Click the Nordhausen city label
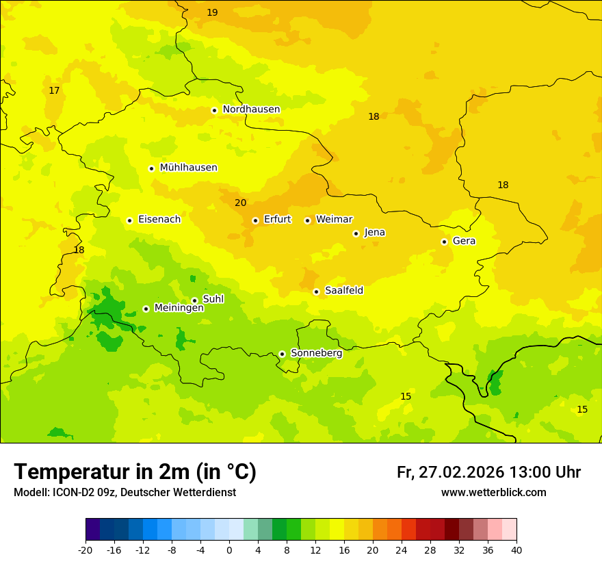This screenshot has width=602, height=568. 251,109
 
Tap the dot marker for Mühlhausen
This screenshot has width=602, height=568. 151,168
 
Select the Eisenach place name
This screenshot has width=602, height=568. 159,220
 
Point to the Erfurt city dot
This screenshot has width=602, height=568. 255,220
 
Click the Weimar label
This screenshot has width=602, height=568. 334,220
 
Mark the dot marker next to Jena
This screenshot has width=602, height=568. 356,233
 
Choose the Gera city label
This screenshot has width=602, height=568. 464,241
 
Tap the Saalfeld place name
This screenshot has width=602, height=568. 344,291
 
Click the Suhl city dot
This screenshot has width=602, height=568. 194,300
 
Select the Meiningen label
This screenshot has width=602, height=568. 179,308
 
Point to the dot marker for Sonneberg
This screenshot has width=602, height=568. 282,354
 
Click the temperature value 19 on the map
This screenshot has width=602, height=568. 212,12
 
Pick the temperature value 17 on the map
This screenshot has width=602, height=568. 54,90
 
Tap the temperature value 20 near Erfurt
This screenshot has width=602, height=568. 240,203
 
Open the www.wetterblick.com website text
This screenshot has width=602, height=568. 493,493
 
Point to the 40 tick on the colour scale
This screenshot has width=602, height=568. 516,550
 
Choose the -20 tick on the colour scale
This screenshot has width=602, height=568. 86,550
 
